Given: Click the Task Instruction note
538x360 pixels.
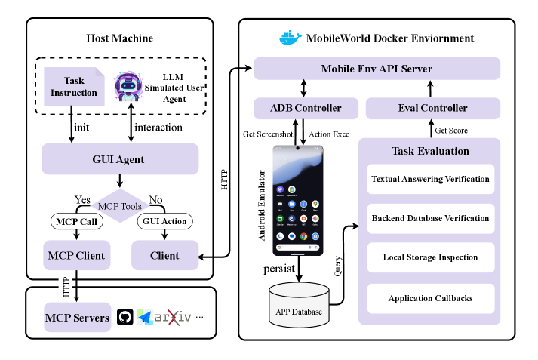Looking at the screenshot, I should [74, 87].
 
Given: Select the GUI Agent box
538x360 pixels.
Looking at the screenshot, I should [120, 159].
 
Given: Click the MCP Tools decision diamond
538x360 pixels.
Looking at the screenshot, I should [120, 205].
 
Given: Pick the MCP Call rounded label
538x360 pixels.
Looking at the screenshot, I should [76, 222].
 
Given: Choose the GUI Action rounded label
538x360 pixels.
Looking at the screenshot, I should [164, 222].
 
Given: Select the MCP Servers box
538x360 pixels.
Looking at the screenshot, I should [76, 318].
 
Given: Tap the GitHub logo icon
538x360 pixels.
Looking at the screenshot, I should [126, 318].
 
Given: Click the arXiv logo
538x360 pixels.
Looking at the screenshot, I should [175, 318].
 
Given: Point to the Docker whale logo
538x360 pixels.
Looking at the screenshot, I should [290, 37].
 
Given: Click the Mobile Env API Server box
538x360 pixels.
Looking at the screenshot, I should [377, 69].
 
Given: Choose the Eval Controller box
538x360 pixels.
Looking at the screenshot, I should [432, 108].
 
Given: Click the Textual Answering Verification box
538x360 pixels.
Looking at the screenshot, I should [430, 180].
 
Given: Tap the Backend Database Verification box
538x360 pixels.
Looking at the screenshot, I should [430, 219].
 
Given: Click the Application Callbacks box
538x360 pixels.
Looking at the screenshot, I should [430, 298].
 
